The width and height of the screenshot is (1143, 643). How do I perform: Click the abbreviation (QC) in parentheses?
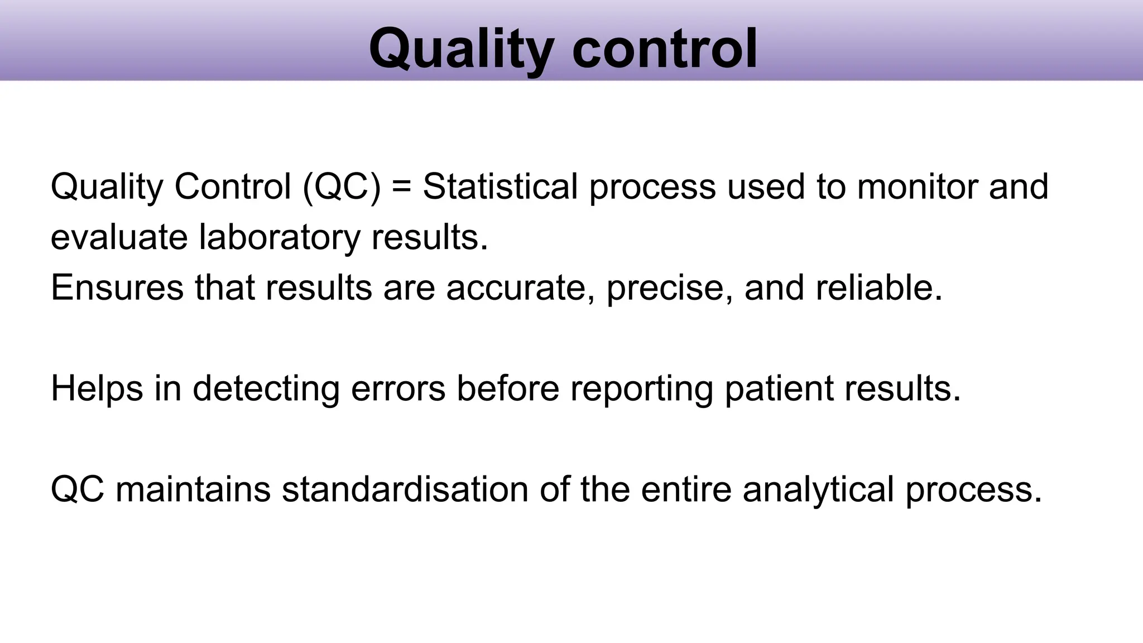(342, 186)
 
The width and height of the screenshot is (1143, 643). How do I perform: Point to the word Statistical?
(500, 186)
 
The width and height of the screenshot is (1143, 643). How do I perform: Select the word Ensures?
(117, 287)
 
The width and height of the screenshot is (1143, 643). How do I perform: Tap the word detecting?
(266, 388)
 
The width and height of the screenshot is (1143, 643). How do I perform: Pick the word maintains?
(193, 490)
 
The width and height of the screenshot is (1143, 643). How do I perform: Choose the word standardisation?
(405, 490)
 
